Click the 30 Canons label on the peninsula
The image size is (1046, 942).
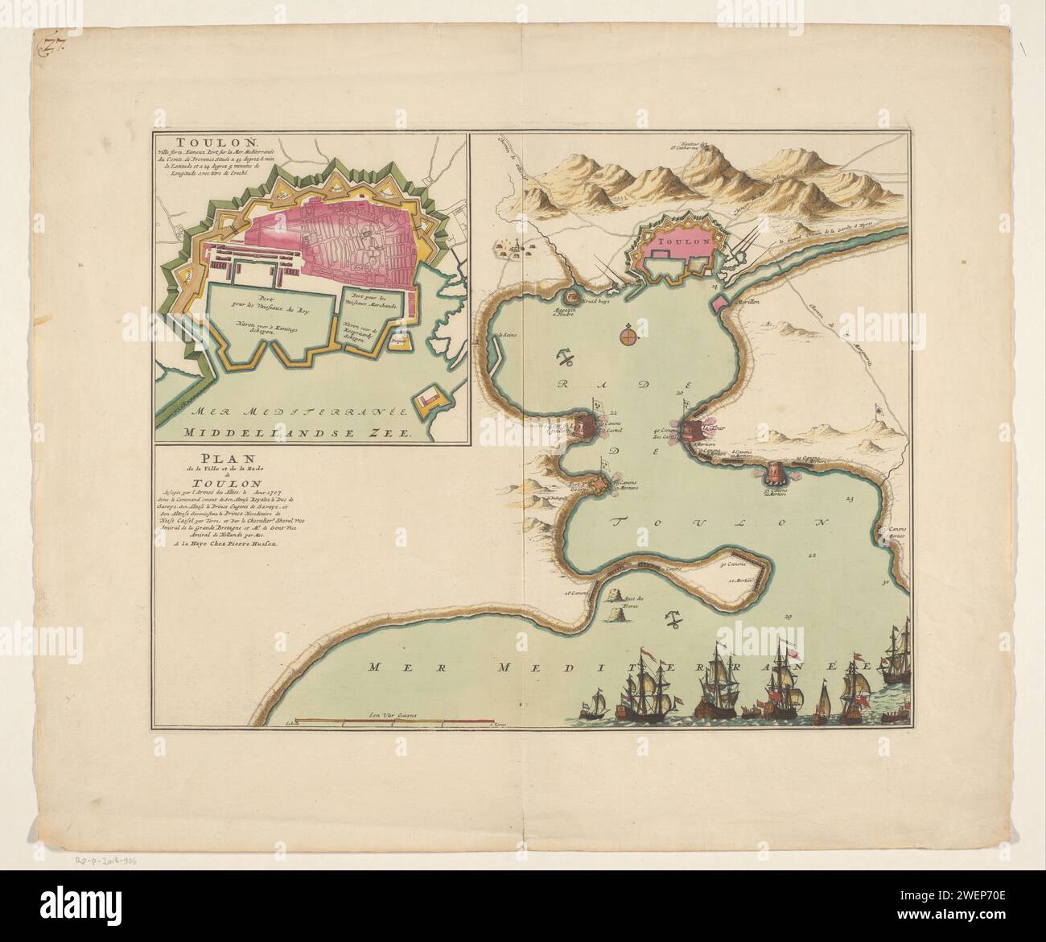tap(730, 563)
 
